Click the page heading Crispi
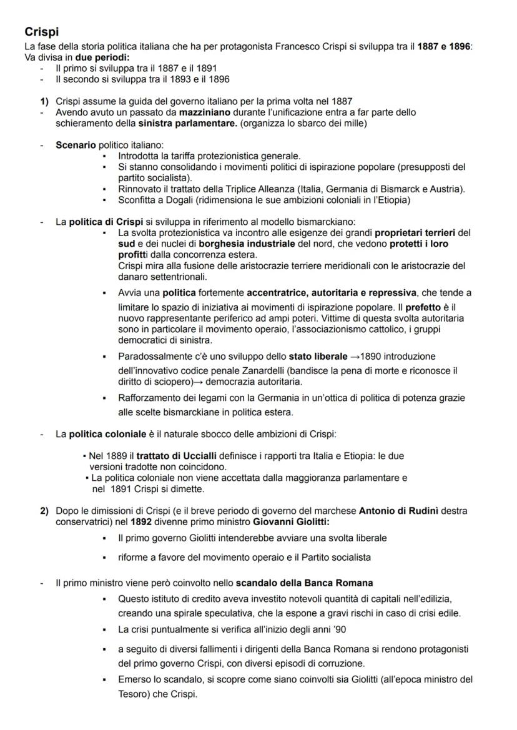[x=41, y=31]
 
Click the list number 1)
[x=44, y=101]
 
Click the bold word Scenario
[x=76, y=145]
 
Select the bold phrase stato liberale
[x=318, y=357]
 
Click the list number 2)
[x=44, y=510]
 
